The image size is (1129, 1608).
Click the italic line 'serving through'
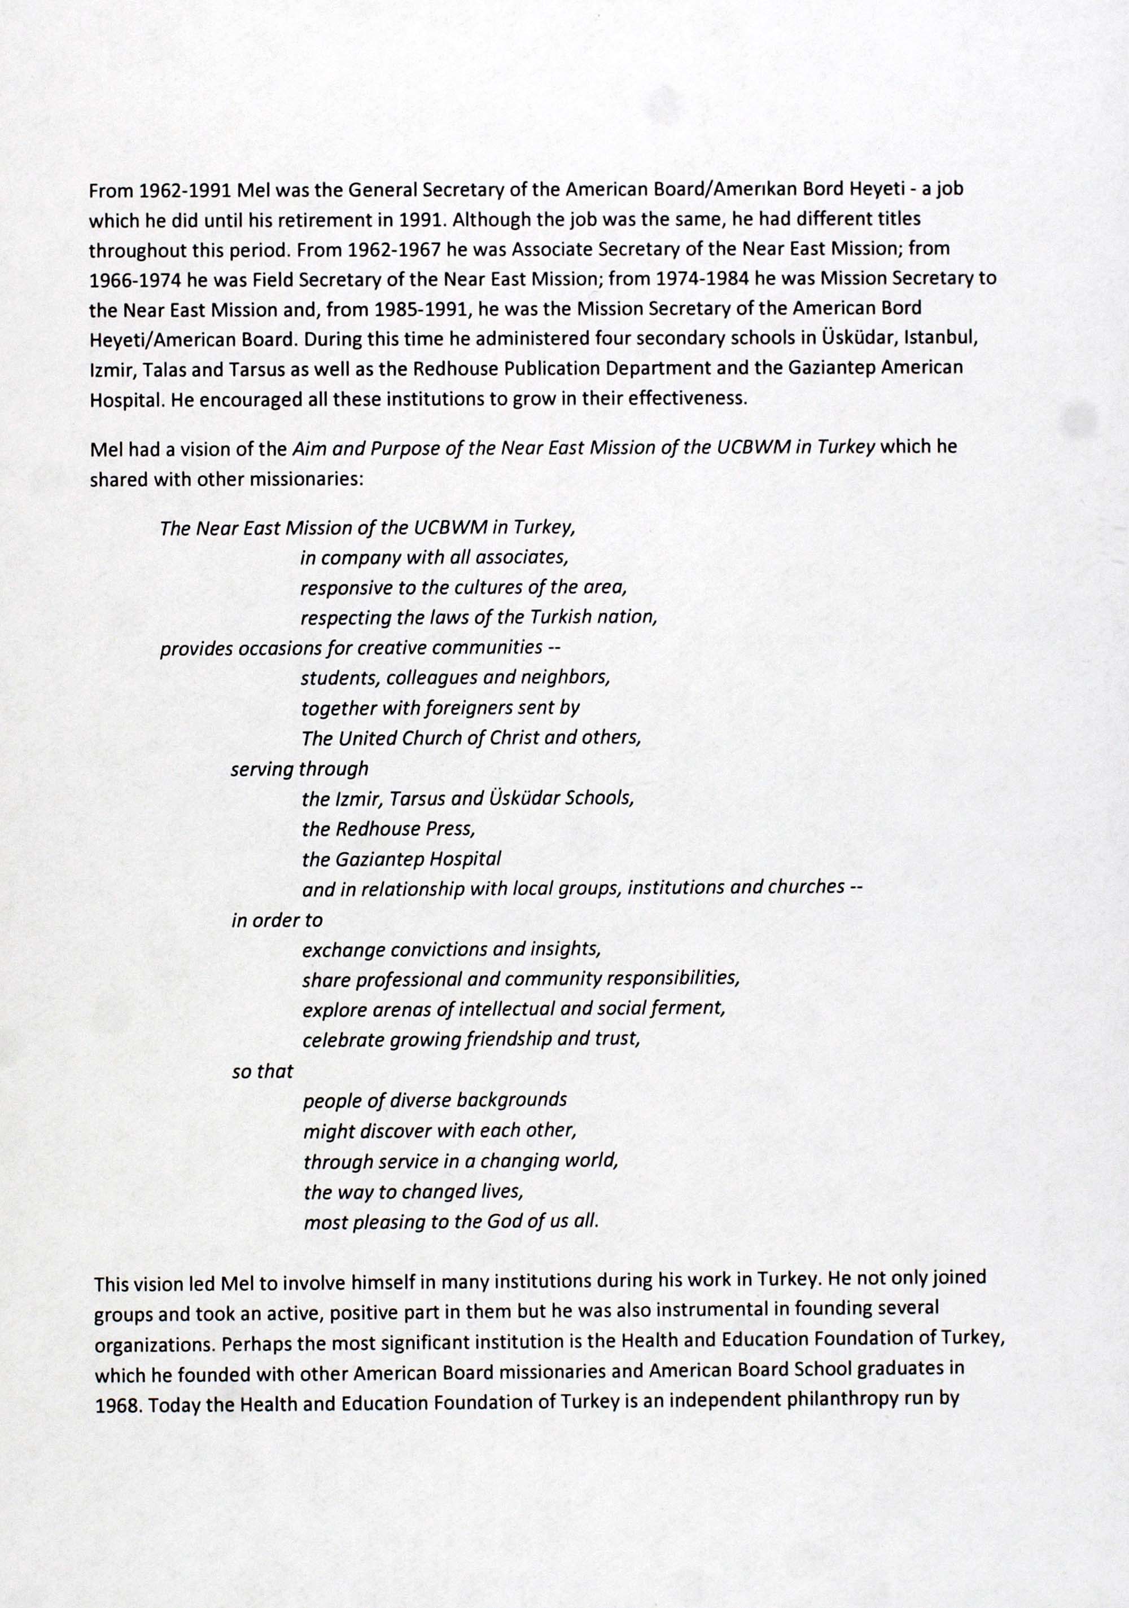tap(299, 769)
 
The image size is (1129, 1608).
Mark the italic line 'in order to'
tap(277, 920)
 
